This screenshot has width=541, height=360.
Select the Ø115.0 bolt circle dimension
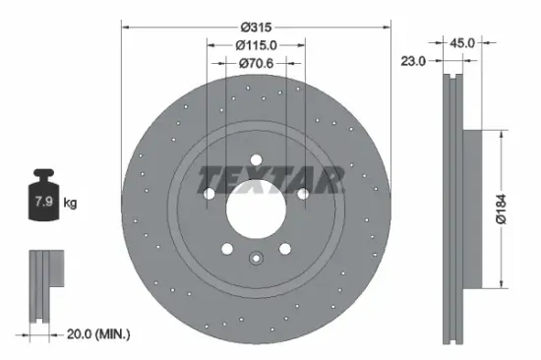256,44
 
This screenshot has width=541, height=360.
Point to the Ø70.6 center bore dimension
256,64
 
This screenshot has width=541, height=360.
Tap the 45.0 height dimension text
461,43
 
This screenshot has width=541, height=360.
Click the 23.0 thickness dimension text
414,61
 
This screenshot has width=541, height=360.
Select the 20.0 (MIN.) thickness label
89,334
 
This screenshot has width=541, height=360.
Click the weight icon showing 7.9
44,201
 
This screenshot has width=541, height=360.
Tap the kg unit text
70,204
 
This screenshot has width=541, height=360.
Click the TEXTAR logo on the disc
271,179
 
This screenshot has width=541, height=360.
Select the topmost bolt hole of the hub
256,161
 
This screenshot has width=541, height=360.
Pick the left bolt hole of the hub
208,195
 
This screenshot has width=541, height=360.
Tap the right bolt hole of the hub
304,195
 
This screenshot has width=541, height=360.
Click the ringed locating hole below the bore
256,260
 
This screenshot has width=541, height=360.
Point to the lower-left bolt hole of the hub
226,249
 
